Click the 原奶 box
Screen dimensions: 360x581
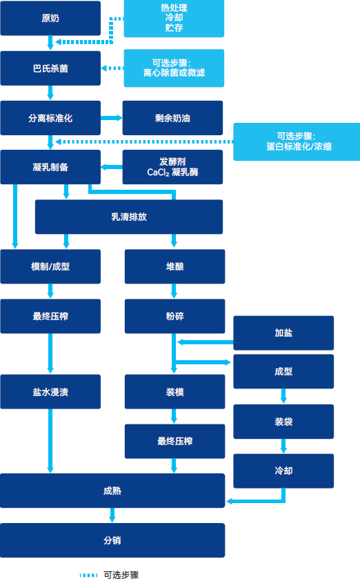coord(50,18)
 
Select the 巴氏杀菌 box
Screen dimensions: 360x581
coord(50,68)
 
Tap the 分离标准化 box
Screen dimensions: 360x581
coord(50,118)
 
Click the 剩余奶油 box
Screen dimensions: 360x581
coord(172,118)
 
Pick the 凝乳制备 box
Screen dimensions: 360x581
coord(50,167)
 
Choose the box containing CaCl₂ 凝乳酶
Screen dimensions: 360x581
coord(172,167)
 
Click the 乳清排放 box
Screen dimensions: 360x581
coord(129,217)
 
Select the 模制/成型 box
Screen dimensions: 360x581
coord(50,266)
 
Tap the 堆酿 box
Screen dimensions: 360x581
coord(174,266)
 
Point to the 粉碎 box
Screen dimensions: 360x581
coord(174,316)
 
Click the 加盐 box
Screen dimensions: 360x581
coord(283,333)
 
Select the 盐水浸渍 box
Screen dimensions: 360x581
coord(50,392)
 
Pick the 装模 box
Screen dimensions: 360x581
coord(174,392)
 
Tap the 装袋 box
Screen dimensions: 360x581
coord(283,422)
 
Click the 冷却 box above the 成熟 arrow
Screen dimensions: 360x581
coord(283,471)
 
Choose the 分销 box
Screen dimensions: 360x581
coord(112,540)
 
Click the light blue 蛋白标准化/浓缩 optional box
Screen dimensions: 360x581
coord(297,141)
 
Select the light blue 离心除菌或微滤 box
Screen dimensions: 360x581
coord(174,68)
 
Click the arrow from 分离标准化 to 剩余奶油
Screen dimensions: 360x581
coord(112,118)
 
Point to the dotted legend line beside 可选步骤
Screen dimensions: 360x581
coord(88,575)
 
